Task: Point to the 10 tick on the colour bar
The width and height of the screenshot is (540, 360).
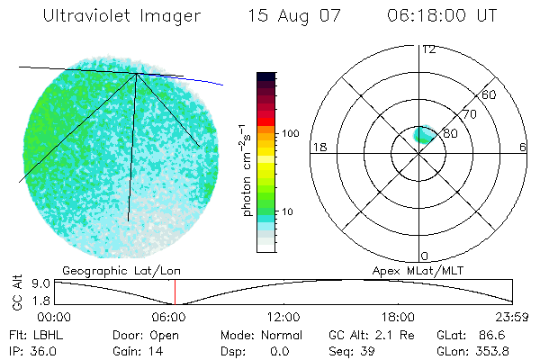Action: (x=289, y=212)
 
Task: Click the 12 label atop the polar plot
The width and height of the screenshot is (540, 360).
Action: (x=428, y=49)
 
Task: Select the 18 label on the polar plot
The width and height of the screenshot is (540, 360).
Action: (x=318, y=148)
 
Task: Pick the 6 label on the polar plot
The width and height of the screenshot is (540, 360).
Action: (x=523, y=148)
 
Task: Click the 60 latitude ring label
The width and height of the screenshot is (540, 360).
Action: (x=490, y=94)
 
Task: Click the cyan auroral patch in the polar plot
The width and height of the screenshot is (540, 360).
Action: (x=423, y=135)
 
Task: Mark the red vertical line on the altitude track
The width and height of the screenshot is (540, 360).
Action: (x=175, y=292)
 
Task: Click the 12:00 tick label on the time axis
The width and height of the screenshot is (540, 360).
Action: (x=283, y=318)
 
